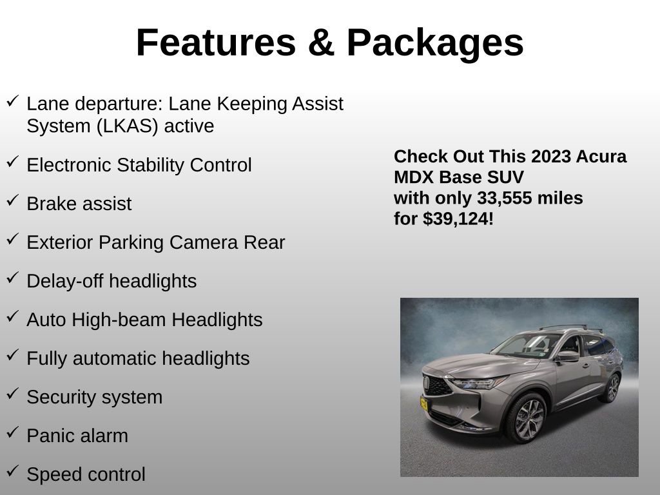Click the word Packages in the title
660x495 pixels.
tap(434, 43)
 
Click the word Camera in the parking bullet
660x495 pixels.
tap(195, 242)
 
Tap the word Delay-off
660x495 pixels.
tap(65, 281)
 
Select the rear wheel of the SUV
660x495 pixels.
tap(609, 389)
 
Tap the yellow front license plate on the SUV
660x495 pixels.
tap(424, 404)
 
